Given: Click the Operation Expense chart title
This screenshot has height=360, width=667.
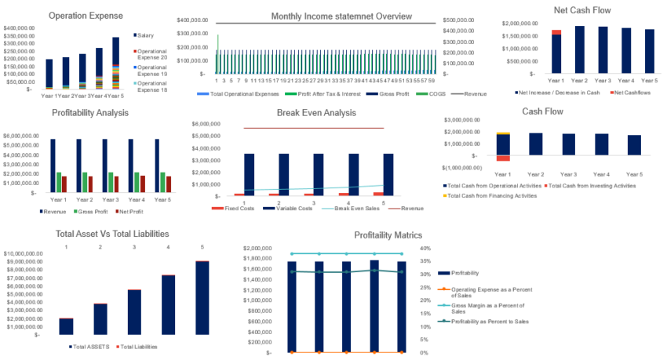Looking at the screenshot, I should coord(86,15).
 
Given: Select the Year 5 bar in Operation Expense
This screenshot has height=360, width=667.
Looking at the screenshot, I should coord(116,63).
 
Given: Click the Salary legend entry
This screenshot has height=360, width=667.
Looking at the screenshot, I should coord(148,35).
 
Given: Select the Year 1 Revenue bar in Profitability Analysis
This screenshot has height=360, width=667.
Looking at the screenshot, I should coord(53,165).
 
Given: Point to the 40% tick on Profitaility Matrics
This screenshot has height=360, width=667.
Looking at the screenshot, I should coord(425,249).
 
